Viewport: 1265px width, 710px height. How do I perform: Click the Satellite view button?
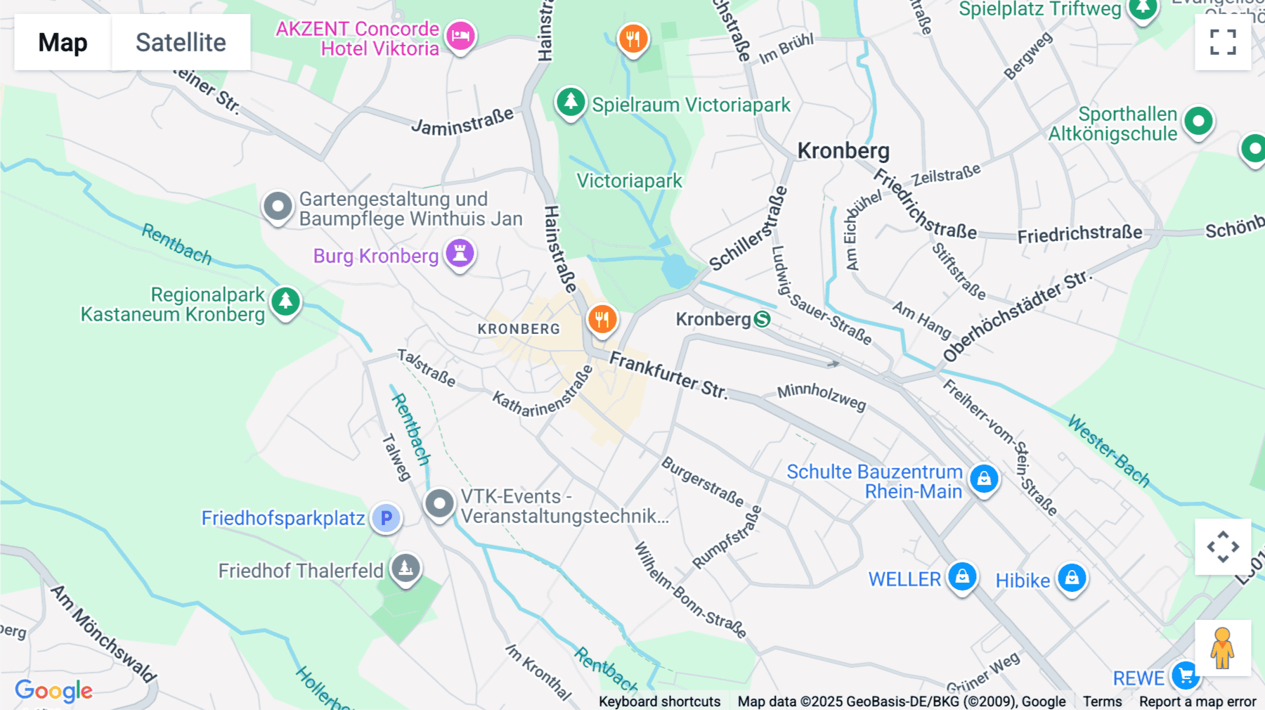[181, 42]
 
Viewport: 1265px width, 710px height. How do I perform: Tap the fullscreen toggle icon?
[1223, 42]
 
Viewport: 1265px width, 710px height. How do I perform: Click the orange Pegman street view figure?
[1223, 648]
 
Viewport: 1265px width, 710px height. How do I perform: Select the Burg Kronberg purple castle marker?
[460, 253]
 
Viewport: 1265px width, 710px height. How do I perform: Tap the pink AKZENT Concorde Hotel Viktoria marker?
[460, 35]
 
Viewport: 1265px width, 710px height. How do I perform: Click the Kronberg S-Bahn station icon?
[762, 320]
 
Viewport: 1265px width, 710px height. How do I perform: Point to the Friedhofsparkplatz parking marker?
[386, 518]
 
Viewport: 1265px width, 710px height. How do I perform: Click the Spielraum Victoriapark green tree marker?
[571, 103]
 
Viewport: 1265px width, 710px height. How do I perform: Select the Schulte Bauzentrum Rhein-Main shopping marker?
[984, 479]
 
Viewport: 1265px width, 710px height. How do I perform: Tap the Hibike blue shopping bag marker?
[1071, 578]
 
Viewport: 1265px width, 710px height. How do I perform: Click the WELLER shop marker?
[962, 576]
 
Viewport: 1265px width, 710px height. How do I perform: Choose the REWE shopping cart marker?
[1186, 676]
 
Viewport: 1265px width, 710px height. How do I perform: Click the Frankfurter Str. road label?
[668, 375]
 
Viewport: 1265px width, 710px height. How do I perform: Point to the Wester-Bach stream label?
[1108, 451]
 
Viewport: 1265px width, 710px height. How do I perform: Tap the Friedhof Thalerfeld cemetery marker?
[406, 568]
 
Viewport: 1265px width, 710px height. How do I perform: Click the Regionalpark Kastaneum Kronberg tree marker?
[285, 302]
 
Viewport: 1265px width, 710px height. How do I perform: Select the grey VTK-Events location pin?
[439, 503]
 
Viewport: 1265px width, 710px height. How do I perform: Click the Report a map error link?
[1197, 702]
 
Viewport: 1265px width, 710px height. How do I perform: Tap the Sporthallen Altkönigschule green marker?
[1198, 122]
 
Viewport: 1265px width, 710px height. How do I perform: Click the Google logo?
[53, 691]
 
